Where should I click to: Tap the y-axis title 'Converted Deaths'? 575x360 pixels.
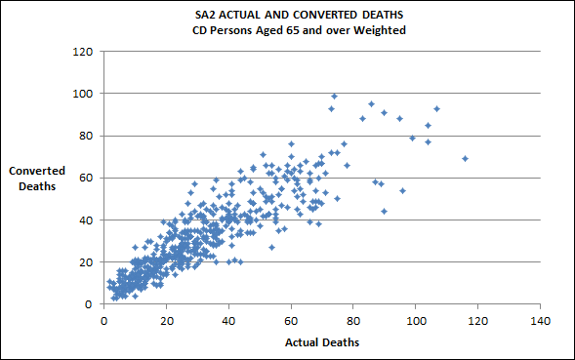click(37, 178)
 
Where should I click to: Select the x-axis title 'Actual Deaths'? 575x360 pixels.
click(322, 342)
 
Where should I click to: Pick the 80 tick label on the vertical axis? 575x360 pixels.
click(85, 136)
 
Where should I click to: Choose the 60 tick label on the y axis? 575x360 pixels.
click(85, 178)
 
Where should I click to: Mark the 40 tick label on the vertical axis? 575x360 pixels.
click(85, 220)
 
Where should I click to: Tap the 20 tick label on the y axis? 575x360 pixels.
click(85, 261)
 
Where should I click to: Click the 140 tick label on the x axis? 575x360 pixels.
click(540, 319)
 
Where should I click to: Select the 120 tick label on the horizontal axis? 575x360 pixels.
click(478, 319)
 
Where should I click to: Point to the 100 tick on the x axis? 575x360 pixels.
click(416, 319)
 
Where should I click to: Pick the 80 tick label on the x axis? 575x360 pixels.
click(353, 319)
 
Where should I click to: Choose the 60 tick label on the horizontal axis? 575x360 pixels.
click(291, 319)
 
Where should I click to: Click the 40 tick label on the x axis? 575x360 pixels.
click(228, 319)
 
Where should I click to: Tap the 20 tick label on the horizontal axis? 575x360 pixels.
click(166, 319)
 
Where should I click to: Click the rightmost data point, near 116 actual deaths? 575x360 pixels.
click(466, 158)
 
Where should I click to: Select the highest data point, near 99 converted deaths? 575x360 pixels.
click(334, 96)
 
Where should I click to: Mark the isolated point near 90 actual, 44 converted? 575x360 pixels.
click(384, 211)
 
